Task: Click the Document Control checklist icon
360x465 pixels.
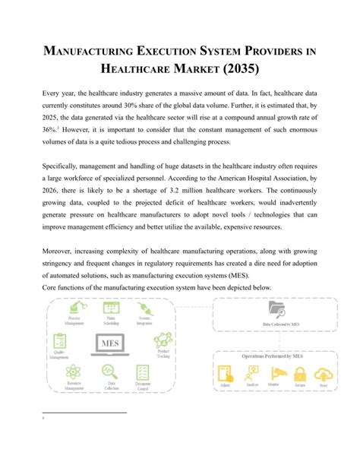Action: (x=142, y=372)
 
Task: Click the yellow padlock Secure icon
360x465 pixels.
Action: (x=299, y=374)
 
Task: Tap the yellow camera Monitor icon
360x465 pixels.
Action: (x=274, y=374)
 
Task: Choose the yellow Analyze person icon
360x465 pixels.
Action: (x=249, y=374)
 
